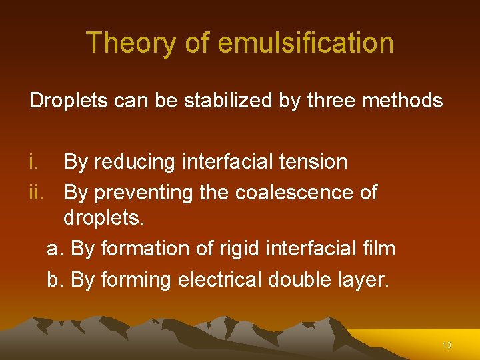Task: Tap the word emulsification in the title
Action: [x=306, y=43]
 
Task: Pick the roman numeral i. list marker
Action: [x=35, y=162]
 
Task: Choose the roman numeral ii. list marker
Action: [x=39, y=193]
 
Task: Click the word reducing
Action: [x=135, y=162]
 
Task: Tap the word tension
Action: [x=313, y=162]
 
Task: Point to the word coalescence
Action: [x=294, y=193]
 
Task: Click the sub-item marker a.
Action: [x=55, y=249]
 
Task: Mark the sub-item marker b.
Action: [x=55, y=280]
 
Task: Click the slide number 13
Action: [x=447, y=345]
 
